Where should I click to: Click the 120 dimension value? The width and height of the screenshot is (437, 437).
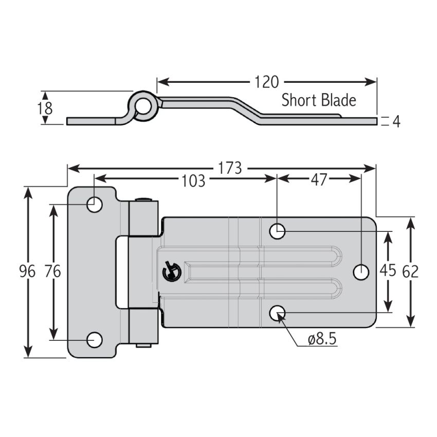click(x=266, y=82)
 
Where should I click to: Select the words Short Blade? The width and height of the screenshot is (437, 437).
click(x=318, y=100)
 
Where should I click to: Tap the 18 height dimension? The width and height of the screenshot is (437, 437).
click(x=45, y=108)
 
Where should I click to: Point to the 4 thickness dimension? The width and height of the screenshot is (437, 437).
click(x=396, y=121)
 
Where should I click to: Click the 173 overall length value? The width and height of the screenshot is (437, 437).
click(x=229, y=168)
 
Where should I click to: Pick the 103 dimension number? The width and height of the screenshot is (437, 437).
click(x=193, y=180)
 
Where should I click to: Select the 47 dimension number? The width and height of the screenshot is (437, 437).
click(x=318, y=179)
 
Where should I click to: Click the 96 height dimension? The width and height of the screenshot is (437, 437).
click(x=26, y=271)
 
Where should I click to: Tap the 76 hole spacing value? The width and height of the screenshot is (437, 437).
click(x=52, y=271)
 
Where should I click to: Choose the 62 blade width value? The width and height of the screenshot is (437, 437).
click(x=410, y=271)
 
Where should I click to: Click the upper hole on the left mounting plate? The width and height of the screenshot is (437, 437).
click(x=95, y=205)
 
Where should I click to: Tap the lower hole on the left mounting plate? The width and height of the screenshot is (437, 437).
click(x=95, y=340)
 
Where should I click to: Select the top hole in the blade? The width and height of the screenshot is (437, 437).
click(x=278, y=231)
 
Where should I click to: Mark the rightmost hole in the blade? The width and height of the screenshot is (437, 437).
click(x=361, y=271)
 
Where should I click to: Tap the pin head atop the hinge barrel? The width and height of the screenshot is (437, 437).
click(x=143, y=199)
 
